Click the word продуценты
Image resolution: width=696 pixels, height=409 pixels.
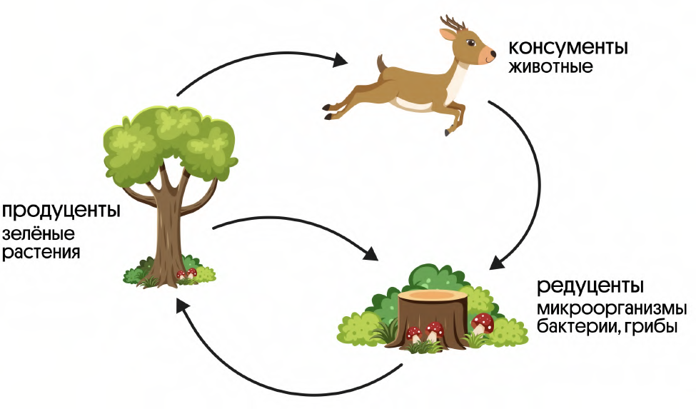click(60, 212)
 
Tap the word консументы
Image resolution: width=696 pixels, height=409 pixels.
click(569, 49)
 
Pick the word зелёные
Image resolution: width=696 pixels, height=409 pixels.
click(39, 234)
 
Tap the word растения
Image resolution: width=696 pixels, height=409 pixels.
click(41, 252)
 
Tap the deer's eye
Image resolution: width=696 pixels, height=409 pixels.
click(473, 44)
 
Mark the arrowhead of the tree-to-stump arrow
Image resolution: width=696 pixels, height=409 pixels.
click(371, 253)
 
